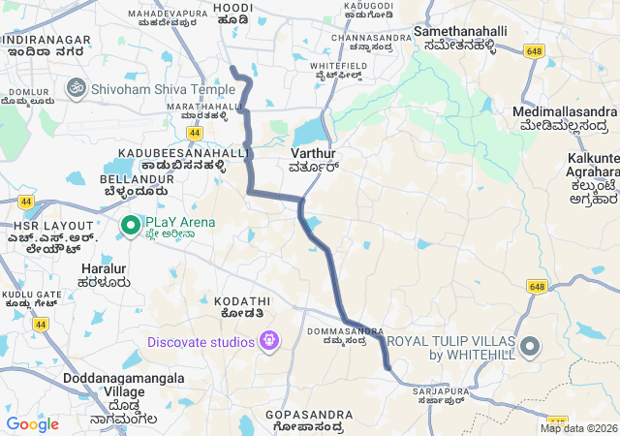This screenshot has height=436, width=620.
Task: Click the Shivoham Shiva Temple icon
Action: pyautogui.click(x=76, y=88)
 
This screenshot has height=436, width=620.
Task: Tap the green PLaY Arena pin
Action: pyautogui.click(x=130, y=226)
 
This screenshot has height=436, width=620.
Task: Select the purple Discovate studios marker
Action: pyautogui.click(x=268, y=341)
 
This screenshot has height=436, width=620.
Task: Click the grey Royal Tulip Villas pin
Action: pyautogui.click(x=530, y=347)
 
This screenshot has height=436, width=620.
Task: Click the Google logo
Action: pyautogui.click(x=32, y=424)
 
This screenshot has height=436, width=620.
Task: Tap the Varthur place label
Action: pyautogui.click(x=312, y=159)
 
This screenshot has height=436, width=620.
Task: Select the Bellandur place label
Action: pyautogui.click(x=132, y=185)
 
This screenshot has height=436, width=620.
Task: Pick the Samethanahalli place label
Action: pyautogui.click(x=460, y=38)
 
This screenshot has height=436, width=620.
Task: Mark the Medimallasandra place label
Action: pyautogui.click(x=565, y=118)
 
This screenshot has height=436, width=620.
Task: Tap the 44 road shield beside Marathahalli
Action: pyautogui.click(x=195, y=132)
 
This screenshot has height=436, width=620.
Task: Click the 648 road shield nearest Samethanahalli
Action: pyautogui.click(x=534, y=50)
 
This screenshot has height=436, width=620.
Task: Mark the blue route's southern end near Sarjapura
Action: pyautogui.click(x=387, y=367)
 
